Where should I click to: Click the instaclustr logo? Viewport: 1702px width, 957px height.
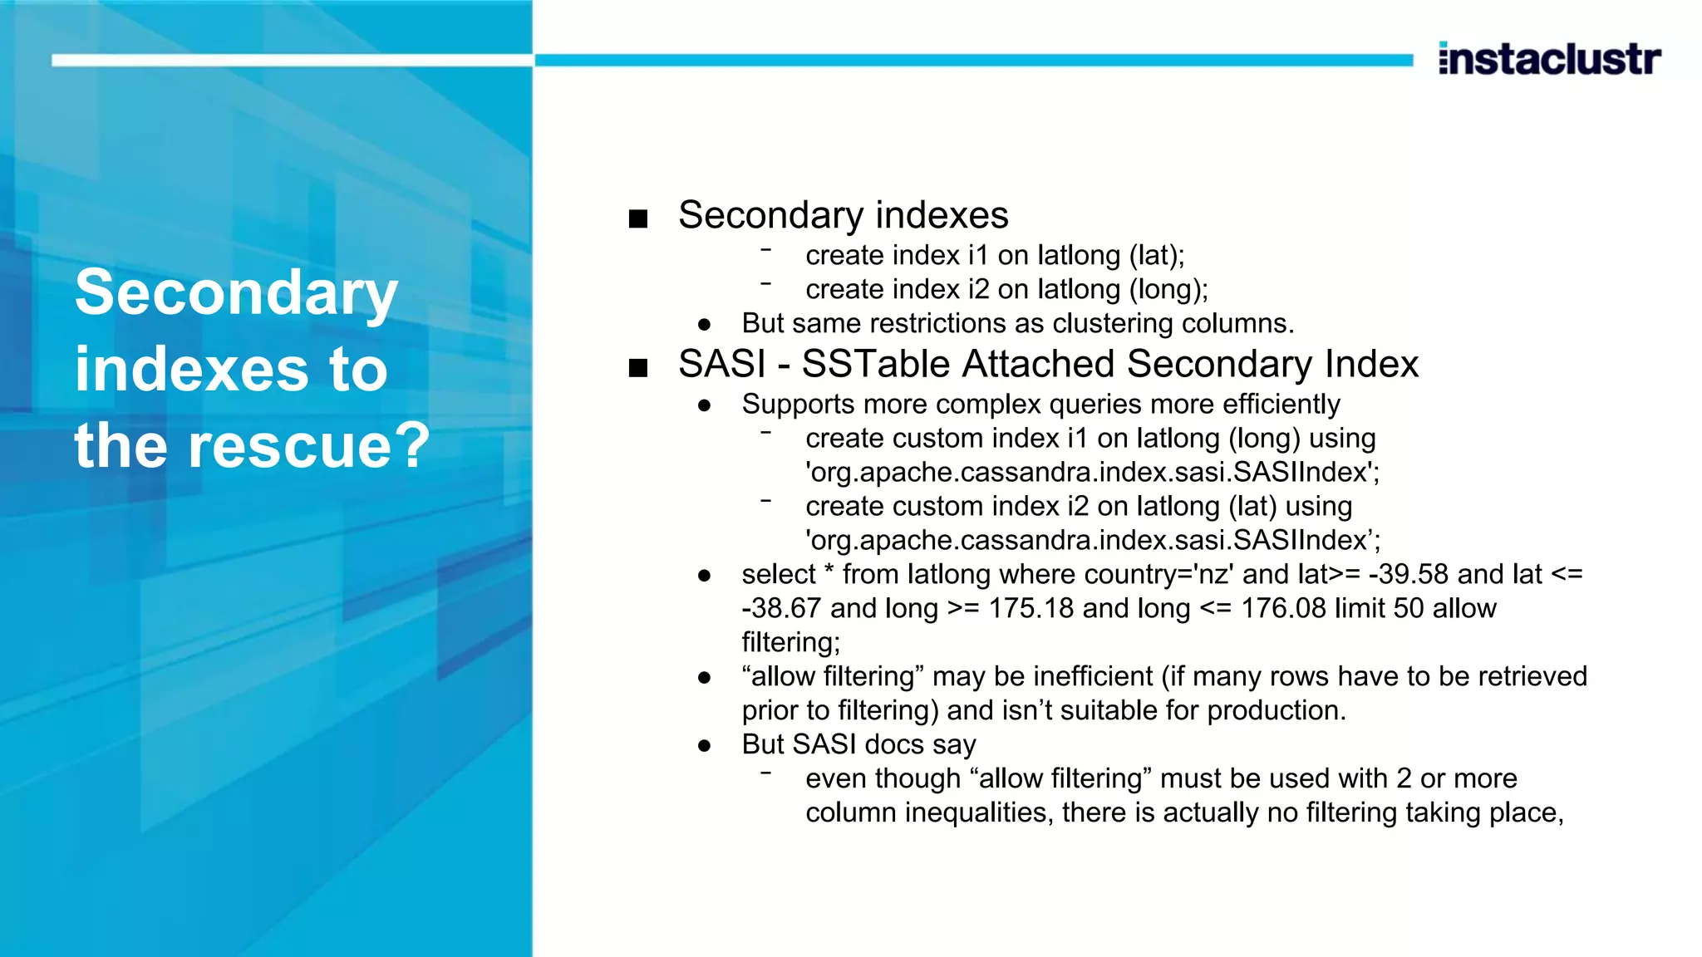point(1549,59)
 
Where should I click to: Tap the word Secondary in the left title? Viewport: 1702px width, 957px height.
point(237,293)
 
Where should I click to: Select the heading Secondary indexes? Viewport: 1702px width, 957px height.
point(843,215)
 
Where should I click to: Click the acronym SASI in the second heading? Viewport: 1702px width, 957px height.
point(721,364)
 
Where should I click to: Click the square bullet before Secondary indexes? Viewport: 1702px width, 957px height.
point(638,219)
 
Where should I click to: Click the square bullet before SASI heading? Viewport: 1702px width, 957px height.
point(638,368)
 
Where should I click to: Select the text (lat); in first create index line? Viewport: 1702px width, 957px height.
point(1157,255)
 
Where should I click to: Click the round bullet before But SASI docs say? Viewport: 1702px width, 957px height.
point(705,746)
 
